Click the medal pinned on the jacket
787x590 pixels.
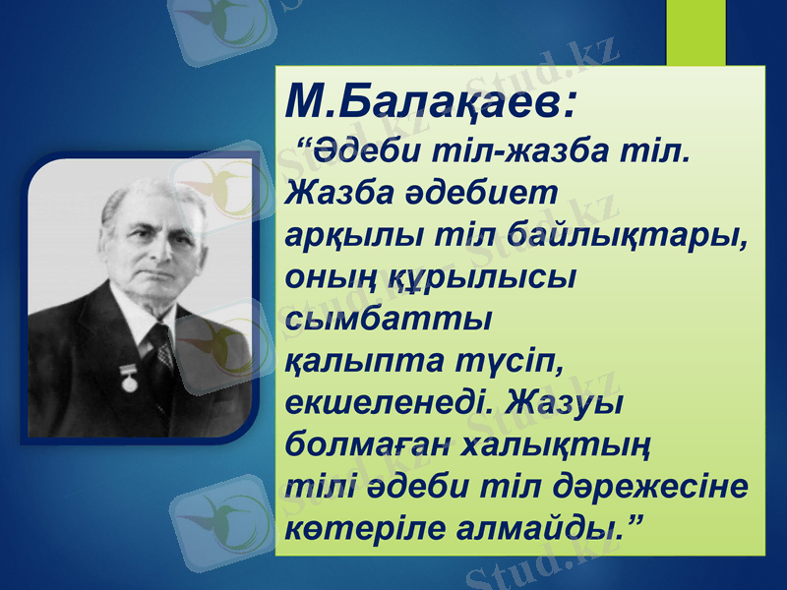click(x=129, y=380)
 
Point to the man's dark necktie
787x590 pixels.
click(x=158, y=354)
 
